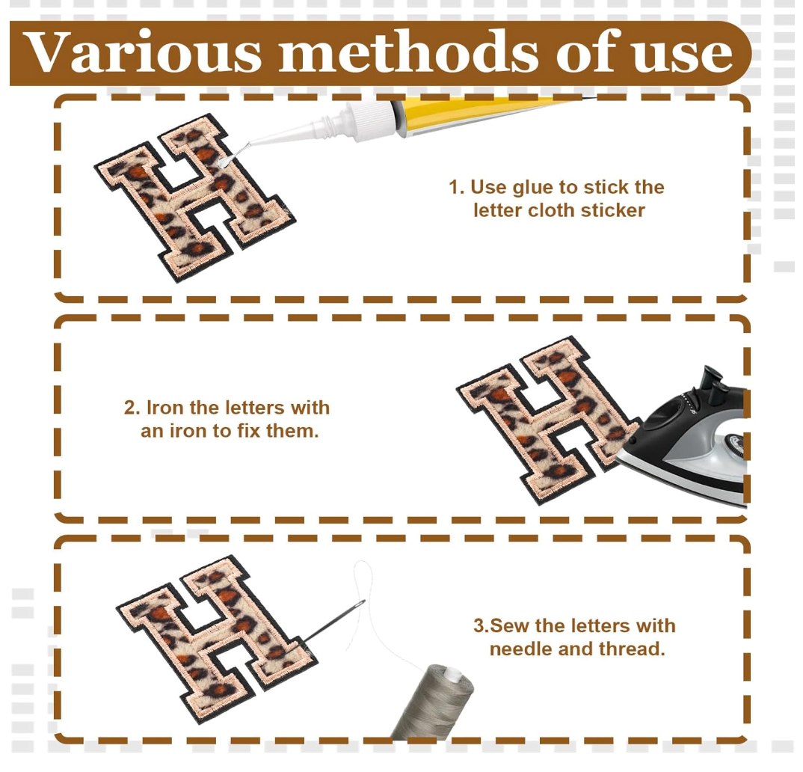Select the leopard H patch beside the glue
[194, 197]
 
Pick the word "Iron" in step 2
[165, 408]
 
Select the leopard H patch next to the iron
[548, 420]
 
